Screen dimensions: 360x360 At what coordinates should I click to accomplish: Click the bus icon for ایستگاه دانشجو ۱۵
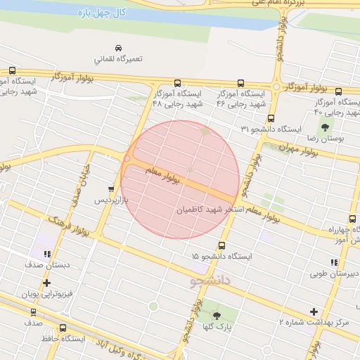point(222,245)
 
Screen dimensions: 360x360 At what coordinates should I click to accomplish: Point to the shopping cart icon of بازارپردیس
point(110,188)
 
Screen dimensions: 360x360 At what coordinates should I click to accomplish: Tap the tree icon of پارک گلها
point(217,315)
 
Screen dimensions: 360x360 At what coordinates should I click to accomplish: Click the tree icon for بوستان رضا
point(325,127)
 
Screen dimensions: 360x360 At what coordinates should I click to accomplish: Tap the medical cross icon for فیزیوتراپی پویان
point(46,283)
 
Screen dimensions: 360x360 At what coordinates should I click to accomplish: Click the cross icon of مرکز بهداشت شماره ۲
point(314,311)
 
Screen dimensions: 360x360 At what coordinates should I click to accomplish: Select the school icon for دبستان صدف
point(46,254)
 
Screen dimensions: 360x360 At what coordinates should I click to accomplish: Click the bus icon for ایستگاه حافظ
point(63,328)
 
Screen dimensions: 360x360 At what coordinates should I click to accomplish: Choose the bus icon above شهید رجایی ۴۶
point(241,82)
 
